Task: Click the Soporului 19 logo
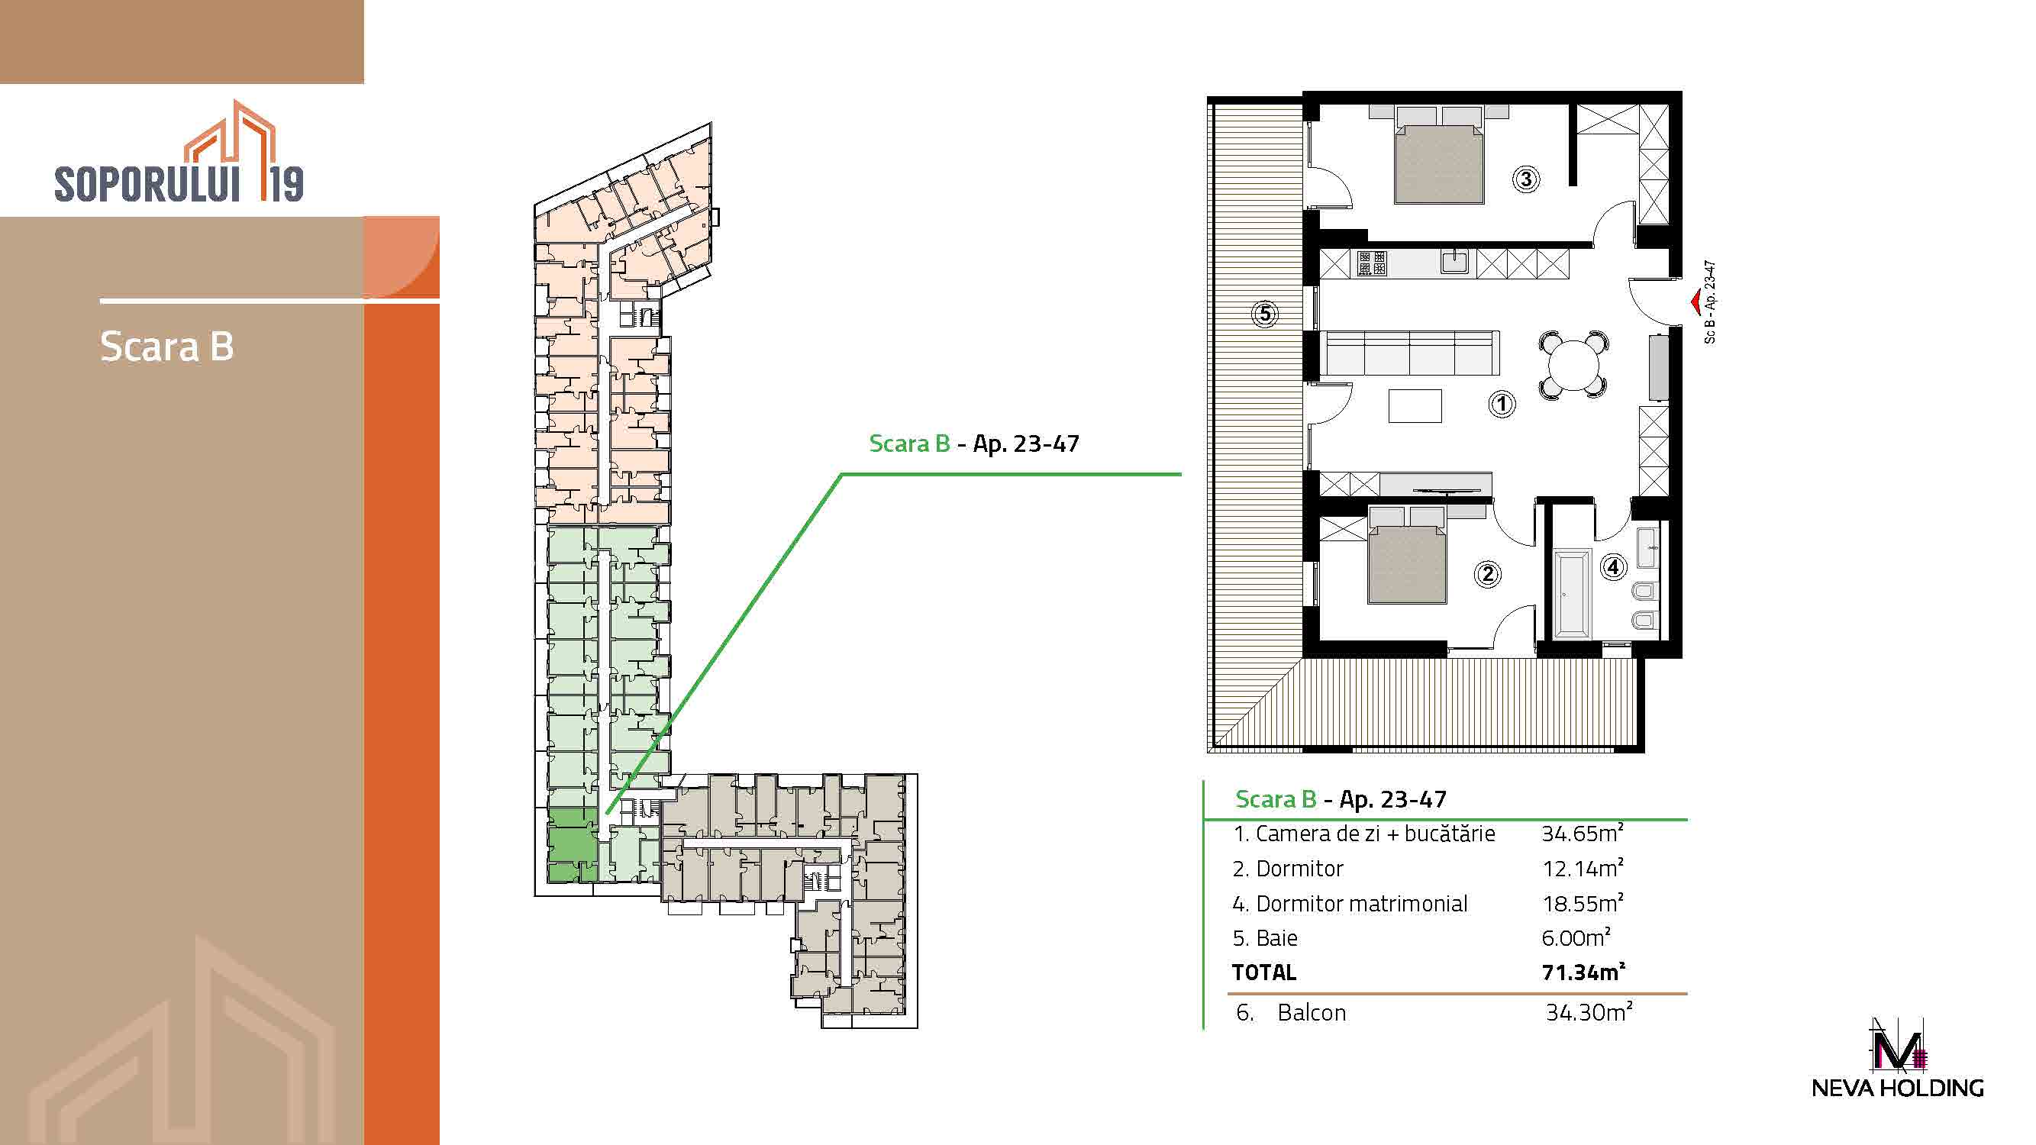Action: pyautogui.click(x=179, y=151)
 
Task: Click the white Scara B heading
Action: pyautogui.click(x=166, y=346)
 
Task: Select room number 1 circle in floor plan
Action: pyautogui.click(x=1502, y=405)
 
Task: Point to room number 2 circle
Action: pyautogui.click(x=1487, y=574)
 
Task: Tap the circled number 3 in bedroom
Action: pyautogui.click(x=1525, y=179)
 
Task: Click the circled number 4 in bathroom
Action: pyautogui.click(x=1613, y=566)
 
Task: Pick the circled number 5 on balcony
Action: pyautogui.click(x=1265, y=314)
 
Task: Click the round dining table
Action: pyautogui.click(x=1573, y=365)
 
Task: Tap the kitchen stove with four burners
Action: pyautogui.click(x=1372, y=263)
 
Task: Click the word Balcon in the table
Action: pyautogui.click(x=1312, y=1012)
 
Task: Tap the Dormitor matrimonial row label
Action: pyautogui.click(x=1350, y=903)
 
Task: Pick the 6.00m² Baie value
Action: pyautogui.click(x=1576, y=937)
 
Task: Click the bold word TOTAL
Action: pyautogui.click(x=1263, y=972)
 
